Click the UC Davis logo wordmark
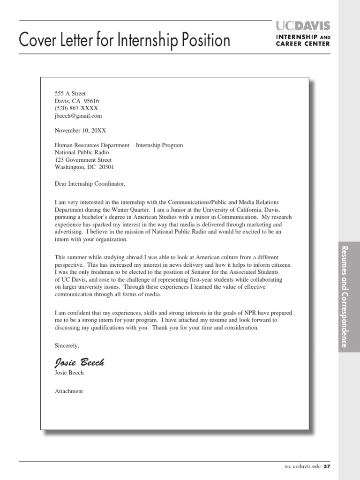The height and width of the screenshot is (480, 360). pos(303,26)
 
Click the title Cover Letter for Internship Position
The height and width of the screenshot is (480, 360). pos(124,41)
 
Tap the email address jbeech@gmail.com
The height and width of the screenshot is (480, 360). pos(78,116)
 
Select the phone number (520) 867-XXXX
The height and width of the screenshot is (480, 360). pos(76,108)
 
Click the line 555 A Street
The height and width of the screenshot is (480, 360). pos(70,93)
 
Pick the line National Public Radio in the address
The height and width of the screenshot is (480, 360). pos(82,152)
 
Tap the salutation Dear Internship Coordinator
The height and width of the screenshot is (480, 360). pos(90,184)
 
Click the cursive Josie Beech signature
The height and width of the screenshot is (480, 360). pos(79,362)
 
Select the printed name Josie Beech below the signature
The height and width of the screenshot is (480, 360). pos(69,373)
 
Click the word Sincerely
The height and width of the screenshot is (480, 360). pos(67,345)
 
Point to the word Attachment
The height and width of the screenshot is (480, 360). pos(69,391)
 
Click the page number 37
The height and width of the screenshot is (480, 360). pos(327,467)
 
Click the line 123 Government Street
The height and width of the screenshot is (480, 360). pos(83,160)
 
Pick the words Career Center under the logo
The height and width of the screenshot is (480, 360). pos(303,44)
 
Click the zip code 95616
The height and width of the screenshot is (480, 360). pos(91,101)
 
